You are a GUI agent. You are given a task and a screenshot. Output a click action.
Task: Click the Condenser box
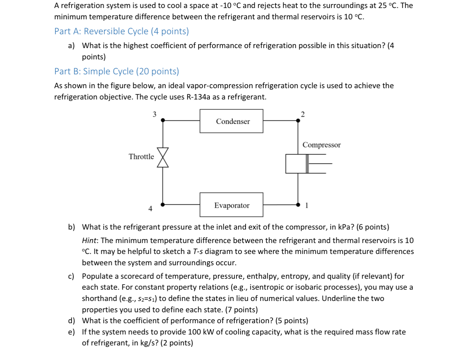[x=231, y=121]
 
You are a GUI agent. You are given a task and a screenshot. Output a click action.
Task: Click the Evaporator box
[x=231, y=205]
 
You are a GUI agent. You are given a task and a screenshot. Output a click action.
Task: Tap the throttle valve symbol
[x=163, y=157]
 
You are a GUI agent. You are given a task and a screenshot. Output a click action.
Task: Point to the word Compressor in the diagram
[x=321, y=145]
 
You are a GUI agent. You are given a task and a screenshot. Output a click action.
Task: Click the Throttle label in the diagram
[x=141, y=157]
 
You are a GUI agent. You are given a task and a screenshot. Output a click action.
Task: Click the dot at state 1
[x=298, y=205]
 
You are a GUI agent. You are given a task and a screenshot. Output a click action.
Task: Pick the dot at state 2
[x=298, y=121]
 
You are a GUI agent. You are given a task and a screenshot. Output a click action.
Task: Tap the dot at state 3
[x=163, y=120]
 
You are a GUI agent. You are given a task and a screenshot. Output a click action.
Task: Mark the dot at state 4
[x=163, y=205]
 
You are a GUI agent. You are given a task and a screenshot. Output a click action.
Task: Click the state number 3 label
[x=154, y=114]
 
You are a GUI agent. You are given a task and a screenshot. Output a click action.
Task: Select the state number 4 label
[x=150, y=209]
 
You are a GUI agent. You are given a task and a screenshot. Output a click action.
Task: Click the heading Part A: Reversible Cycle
[x=121, y=31]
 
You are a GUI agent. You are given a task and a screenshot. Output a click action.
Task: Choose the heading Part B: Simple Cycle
[x=117, y=71]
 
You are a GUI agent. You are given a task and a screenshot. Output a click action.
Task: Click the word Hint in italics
[x=89, y=240]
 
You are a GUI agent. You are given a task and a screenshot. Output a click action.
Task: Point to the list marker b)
[x=71, y=227]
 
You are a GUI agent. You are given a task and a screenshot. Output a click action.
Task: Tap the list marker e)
[x=71, y=332]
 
